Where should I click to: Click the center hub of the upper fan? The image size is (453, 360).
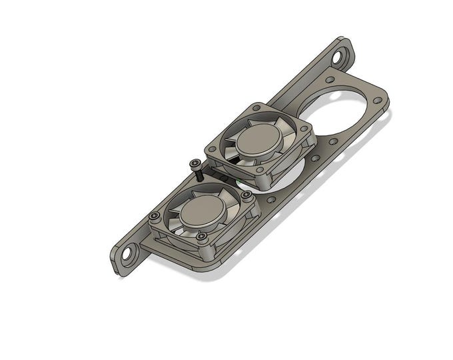[x=259, y=141]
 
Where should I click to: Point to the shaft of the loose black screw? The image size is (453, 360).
[x=199, y=175]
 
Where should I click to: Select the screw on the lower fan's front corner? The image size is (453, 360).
[x=201, y=235]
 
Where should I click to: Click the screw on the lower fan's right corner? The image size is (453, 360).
[x=247, y=194]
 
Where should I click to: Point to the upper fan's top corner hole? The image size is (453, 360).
[x=256, y=107]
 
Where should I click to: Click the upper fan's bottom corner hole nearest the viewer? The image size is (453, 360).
[x=259, y=171]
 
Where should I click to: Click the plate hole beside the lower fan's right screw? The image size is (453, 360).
[x=270, y=198]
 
